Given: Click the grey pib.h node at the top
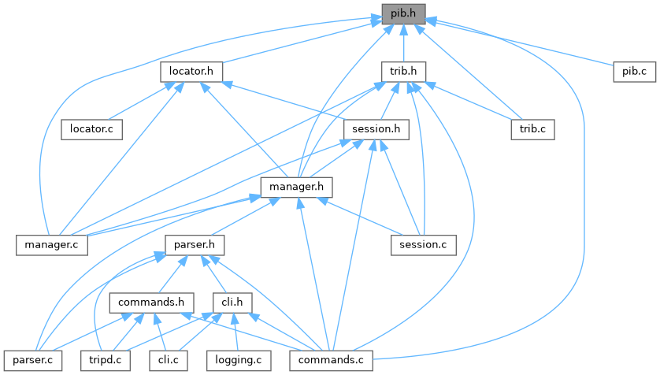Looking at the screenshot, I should click(x=403, y=13).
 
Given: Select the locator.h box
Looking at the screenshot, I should click(x=191, y=72).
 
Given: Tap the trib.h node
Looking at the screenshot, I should click(x=403, y=72).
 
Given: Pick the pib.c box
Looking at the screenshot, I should click(x=634, y=72).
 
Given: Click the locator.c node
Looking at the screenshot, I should click(x=91, y=128).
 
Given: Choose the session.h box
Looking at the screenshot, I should click(x=376, y=128).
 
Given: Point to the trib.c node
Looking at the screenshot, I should click(x=533, y=128).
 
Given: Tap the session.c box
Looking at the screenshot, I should click(x=423, y=244).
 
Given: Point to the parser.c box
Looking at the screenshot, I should click(x=32, y=359).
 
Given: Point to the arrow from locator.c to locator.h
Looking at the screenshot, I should click(x=139, y=101).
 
